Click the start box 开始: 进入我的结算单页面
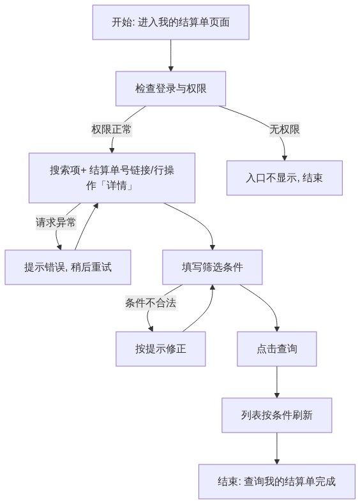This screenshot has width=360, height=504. (x=171, y=22)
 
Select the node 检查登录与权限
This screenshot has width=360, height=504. (x=171, y=89)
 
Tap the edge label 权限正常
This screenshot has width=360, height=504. (x=112, y=130)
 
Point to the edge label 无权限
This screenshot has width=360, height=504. (x=285, y=130)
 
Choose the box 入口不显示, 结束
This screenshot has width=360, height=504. (x=285, y=178)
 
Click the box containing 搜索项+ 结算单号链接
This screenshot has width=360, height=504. (x=112, y=178)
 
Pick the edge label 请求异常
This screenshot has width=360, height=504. (x=56, y=222)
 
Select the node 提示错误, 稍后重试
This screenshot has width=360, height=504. (x=68, y=267)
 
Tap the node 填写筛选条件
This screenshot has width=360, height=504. (x=213, y=267)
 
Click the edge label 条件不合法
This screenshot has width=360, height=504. (x=151, y=303)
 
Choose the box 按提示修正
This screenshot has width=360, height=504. (x=161, y=349)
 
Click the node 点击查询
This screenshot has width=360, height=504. (x=277, y=349)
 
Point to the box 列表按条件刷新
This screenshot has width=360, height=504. (x=276, y=415)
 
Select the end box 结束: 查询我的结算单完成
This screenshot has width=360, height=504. (x=276, y=482)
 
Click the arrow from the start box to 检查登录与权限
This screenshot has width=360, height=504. (x=171, y=56)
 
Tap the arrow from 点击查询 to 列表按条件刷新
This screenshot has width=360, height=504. (x=277, y=382)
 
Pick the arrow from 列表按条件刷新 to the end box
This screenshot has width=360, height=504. (x=276, y=448)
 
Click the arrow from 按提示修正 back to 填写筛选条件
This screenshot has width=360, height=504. (x=206, y=312)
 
